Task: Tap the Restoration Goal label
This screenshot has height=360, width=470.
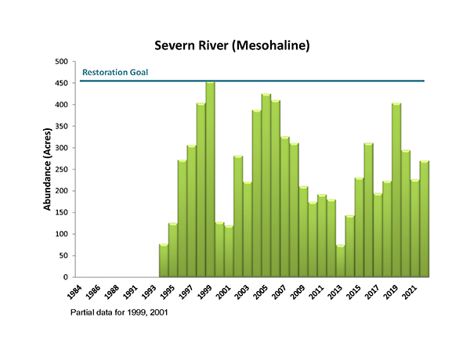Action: click(115, 72)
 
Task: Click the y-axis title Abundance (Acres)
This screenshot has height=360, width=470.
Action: click(48, 170)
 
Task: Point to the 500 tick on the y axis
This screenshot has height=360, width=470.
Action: click(61, 62)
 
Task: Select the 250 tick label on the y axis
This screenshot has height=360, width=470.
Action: click(61, 169)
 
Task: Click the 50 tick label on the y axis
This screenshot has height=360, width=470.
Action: click(63, 255)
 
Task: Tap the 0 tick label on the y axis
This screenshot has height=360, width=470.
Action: click(66, 277)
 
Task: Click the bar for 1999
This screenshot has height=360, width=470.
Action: click(210, 180)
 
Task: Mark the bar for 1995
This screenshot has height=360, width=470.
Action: click(173, 250)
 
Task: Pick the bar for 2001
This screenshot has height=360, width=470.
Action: click(229, 251)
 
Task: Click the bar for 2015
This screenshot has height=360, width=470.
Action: click(360, 228)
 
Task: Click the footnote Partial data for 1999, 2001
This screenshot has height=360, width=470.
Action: click(123, 312)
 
